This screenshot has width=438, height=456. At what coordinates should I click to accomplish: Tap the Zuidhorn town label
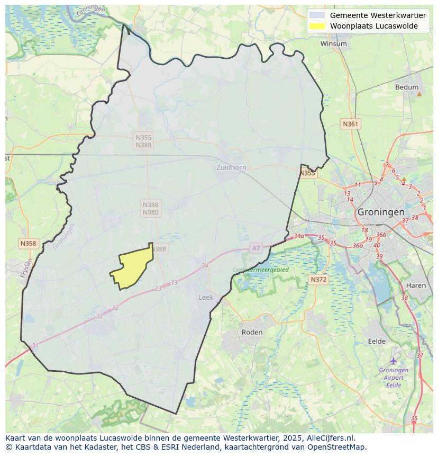pyautogui.click(x=231, y=167)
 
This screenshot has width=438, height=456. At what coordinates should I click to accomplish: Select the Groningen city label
pyautogui.click(x=381, y=211)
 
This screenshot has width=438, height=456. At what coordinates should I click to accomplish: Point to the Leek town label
pyautogui.click(x=206, y=297)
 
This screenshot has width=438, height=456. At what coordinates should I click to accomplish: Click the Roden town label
pyautogui.click(x=252, y=332)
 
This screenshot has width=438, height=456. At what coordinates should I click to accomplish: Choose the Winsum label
pyautogui.click(x=333, y=43)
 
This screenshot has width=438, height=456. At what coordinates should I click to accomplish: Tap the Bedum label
pyautogui.click(x=407, y=87)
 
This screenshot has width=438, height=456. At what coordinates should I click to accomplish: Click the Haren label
pyautogui.click(x=416, y=285)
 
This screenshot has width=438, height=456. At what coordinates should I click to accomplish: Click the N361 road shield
pyautogui.click(x=350, y=124)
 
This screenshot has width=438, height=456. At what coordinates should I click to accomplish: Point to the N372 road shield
pyautogui.click(x=318, y=279)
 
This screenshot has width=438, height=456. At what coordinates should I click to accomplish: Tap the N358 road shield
pyautogui.click(x=28, y=243)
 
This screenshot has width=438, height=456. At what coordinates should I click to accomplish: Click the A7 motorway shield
pyautogui.click(x=256, y=248)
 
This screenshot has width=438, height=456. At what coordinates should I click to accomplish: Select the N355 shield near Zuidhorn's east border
pyautogui.click(x=307, y=173)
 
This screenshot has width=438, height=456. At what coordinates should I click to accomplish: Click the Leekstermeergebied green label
pyautogui.click(x=261, y=270)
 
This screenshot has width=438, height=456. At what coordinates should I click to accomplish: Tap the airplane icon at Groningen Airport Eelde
pyautogui.click(x=393, y=360)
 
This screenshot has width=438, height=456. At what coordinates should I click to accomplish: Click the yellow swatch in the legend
pyautogui.click(x=317, y=26)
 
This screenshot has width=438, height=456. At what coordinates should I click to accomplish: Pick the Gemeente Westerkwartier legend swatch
pyautogui.click(x=317, y=15)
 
